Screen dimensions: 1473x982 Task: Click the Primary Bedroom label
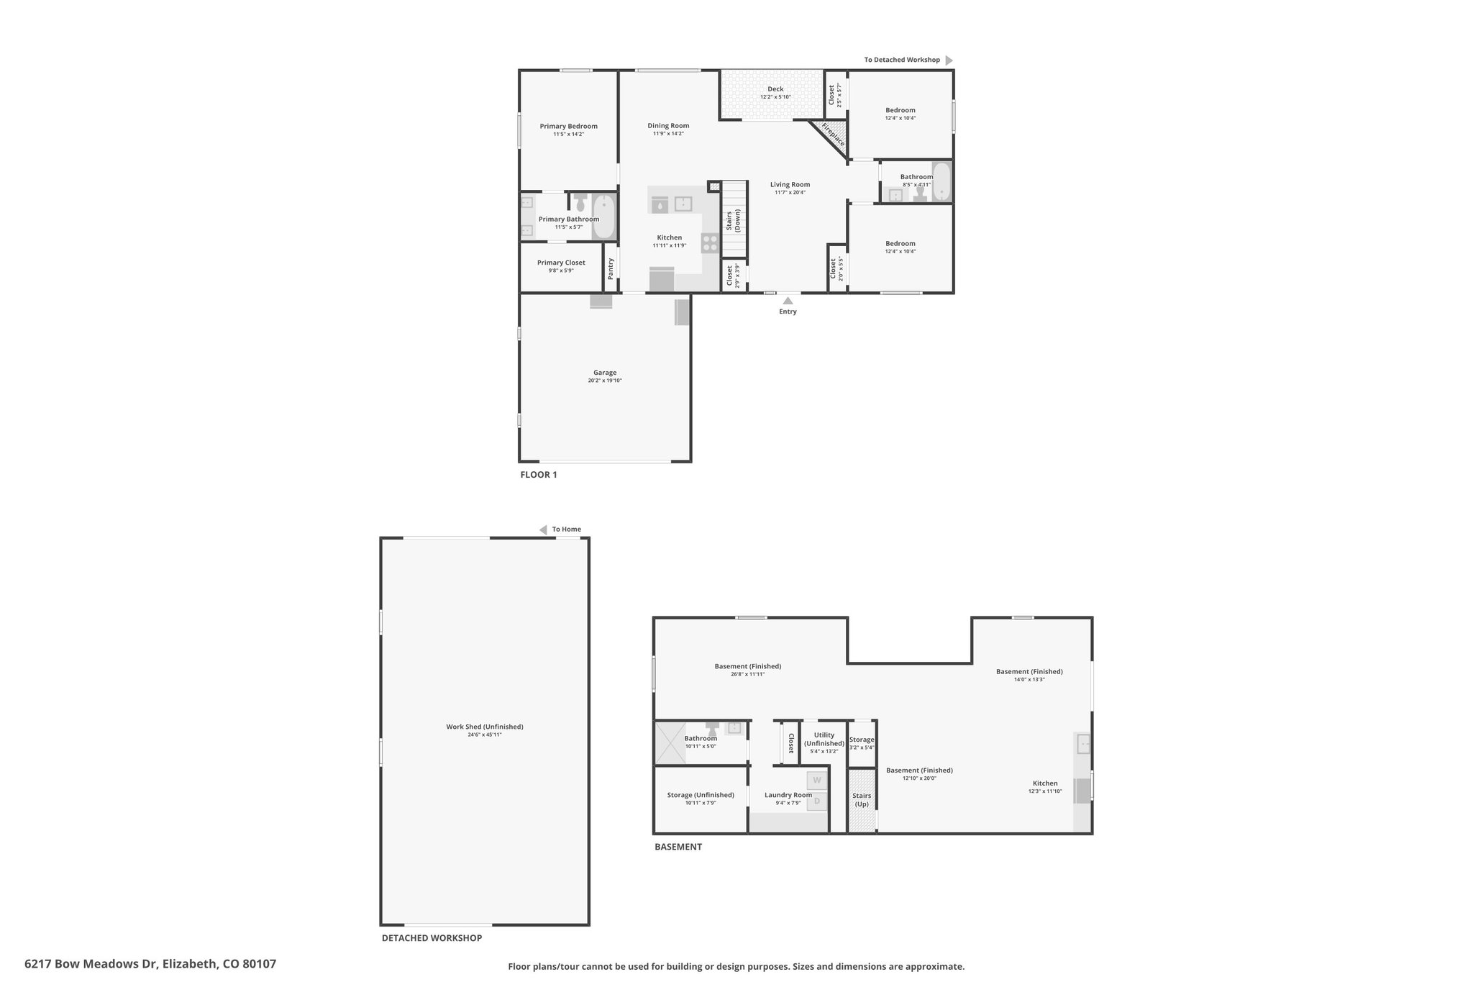click(x=568, y=126)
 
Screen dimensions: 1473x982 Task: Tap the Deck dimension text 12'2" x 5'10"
click(x=775, y=97)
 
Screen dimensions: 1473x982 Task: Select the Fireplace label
click(x=833, y=135)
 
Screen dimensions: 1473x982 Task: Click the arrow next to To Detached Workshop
click(x=949, y=60)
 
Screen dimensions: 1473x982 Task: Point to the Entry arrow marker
click(x=788, y=301)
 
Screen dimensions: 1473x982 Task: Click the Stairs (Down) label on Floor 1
click(x=733, y=220)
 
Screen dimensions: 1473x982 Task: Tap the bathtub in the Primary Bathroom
click(x=604, y=216)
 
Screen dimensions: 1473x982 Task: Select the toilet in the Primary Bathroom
click(x=581, y=202)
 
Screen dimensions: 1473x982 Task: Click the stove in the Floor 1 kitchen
click(x=710, y=243)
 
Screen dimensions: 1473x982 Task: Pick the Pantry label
click(x=611, y=269)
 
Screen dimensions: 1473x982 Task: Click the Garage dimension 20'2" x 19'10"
click(x=605, y=381)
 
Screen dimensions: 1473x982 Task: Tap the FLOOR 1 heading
click(x=539, y=475)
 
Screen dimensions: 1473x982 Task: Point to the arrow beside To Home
click(x=543, y=530)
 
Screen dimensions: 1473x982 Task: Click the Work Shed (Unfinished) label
click(x=485, y=727)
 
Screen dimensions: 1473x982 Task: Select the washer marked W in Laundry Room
click(x=816, y=780)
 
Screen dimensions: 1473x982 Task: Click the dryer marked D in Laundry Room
click(x=816, y=801)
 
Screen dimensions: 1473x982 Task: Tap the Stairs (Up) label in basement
click(x=862, y=799)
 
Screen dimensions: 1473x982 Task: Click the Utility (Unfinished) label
click(x=824, y=739)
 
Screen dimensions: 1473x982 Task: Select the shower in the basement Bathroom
click(x=666, y=742)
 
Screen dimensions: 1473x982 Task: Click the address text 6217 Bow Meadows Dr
click(x=91, y=964)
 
